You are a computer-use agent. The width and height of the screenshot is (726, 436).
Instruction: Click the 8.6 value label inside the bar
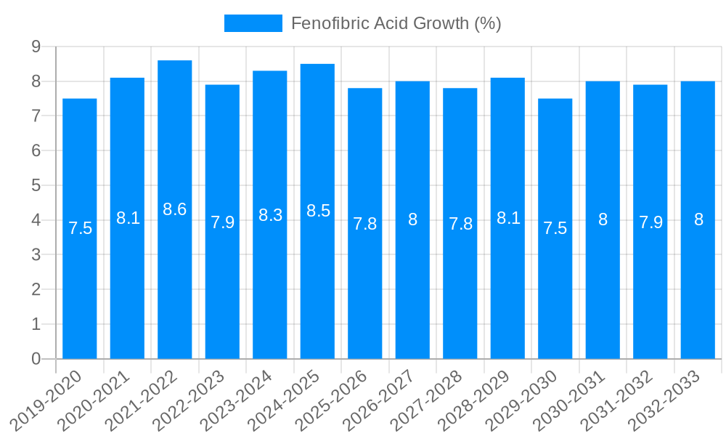(x=175, y=209)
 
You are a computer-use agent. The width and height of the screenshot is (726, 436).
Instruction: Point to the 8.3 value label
(x=270, y=215)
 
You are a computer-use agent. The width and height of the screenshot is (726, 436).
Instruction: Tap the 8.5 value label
(x=318, y=211)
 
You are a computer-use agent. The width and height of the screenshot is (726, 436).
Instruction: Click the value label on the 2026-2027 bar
(x=412, y=219)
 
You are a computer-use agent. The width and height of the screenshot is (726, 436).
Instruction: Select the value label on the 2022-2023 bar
(x=222, y=222)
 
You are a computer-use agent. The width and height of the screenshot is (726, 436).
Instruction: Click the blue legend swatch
(x=253, y=23)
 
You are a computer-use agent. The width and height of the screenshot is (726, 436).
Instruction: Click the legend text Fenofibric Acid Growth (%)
(x=396, y=23)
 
